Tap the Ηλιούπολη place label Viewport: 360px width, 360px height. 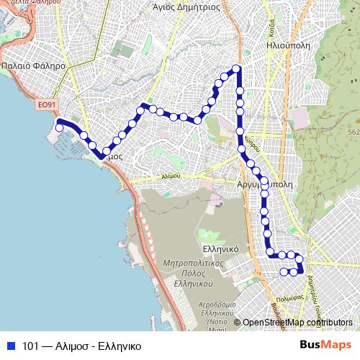click(x=287, y=43)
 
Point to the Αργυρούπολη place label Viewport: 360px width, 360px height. click(x=265, y=184)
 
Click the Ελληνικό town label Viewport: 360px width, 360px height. click(x=220, y=247)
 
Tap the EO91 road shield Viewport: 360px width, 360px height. click(x=45, y=105)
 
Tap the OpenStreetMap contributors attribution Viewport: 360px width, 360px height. click(x=297, y=323)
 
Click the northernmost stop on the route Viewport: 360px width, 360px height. click(x=235, y=69)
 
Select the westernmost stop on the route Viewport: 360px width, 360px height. click(x=59, y=129)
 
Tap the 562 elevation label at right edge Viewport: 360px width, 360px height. click(x=354, y=132)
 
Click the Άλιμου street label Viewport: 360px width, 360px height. click(x=171, y=175)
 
